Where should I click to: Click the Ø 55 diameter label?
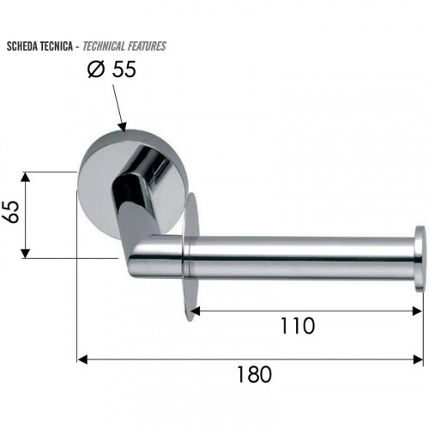pyautogui.click(x=112, y=69)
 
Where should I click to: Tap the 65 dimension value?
pyautogui.click(x=10, y=212)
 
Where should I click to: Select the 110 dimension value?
pyautogui.click(x=298, y=326)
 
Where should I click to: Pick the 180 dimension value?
pyautogui.click(x=255, y=374)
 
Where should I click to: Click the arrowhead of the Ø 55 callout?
pyautogui.click(x=123, y=127)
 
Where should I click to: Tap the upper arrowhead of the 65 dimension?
pyautogui.click(x=26, y=177)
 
